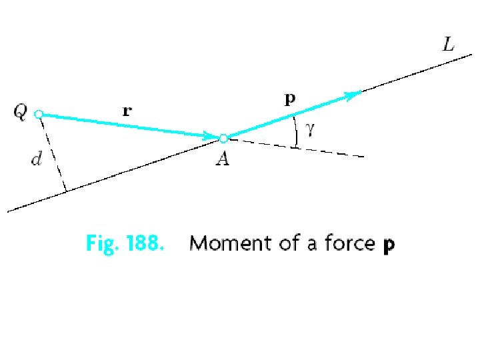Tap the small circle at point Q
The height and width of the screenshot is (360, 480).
click(39, 115)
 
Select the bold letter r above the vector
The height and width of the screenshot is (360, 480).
click(127, 111)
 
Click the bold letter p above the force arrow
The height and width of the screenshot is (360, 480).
click(289, 100)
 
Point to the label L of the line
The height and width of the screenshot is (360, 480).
click(449, 45)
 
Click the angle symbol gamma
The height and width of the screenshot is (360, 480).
click(309, 130)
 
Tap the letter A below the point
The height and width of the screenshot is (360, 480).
click(222, 160)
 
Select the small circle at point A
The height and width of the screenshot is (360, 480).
click(223, 139)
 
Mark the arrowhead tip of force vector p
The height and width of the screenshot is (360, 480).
click(362, 91)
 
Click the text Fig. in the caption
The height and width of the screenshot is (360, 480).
click(100, 245)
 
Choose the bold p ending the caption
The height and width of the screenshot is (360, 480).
click(389, 245)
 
